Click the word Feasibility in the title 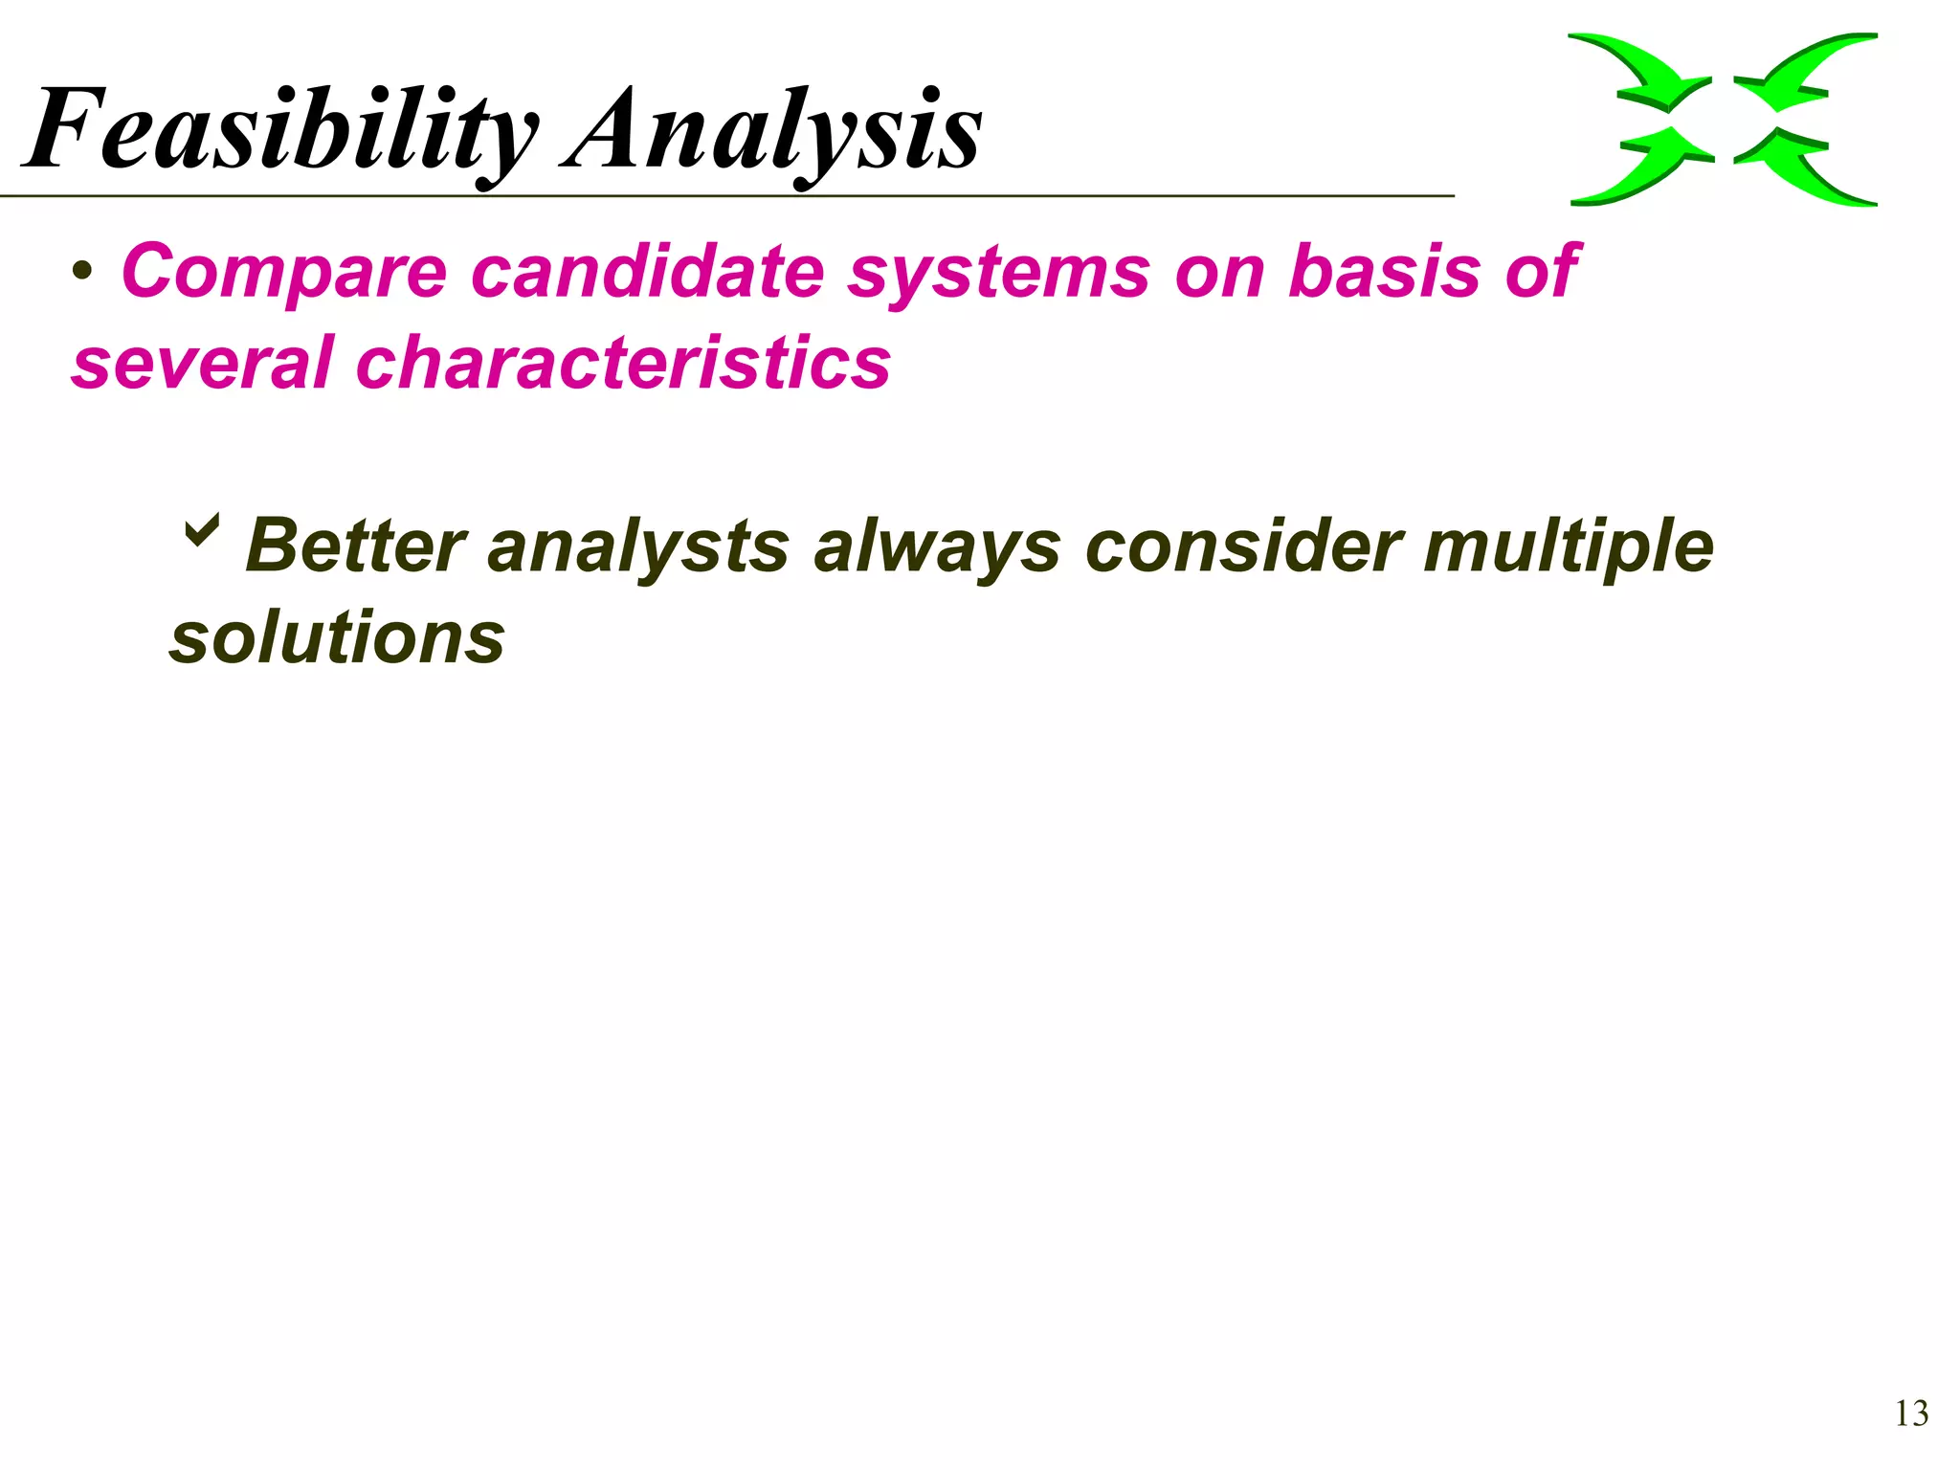click(x=282, y=129)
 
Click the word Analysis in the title click(x=773, y=129)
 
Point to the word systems click(x=998, y=273)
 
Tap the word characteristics click(x=623, y=364)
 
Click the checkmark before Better click(x=202, y=528)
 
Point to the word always click(x=937, y=547)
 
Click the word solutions click(x=337, y=638)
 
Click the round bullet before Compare click(x=83, y=274)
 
